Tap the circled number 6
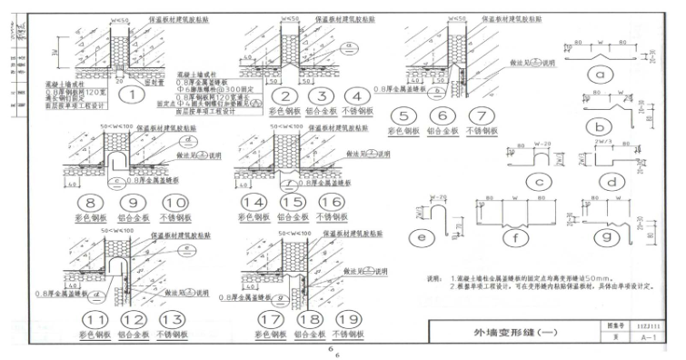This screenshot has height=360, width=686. pos(443,116)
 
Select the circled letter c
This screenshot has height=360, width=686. pos(539,183)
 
